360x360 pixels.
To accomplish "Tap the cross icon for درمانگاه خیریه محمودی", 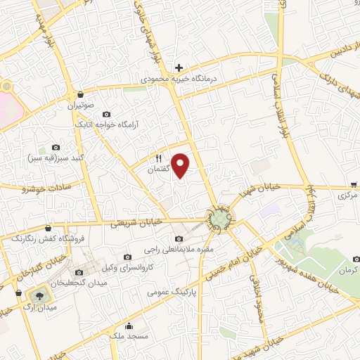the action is tap(179, 68).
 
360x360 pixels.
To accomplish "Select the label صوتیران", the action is tap(80, 105).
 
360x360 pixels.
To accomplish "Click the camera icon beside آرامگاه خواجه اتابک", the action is tap(106, 114).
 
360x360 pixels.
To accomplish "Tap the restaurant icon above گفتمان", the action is tap(158, 159).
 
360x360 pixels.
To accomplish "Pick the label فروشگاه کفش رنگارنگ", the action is tap(47, 239).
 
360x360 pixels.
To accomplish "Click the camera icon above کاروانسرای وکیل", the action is tap(127, 257).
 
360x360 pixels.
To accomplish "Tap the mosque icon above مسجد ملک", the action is tap(128, 326).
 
